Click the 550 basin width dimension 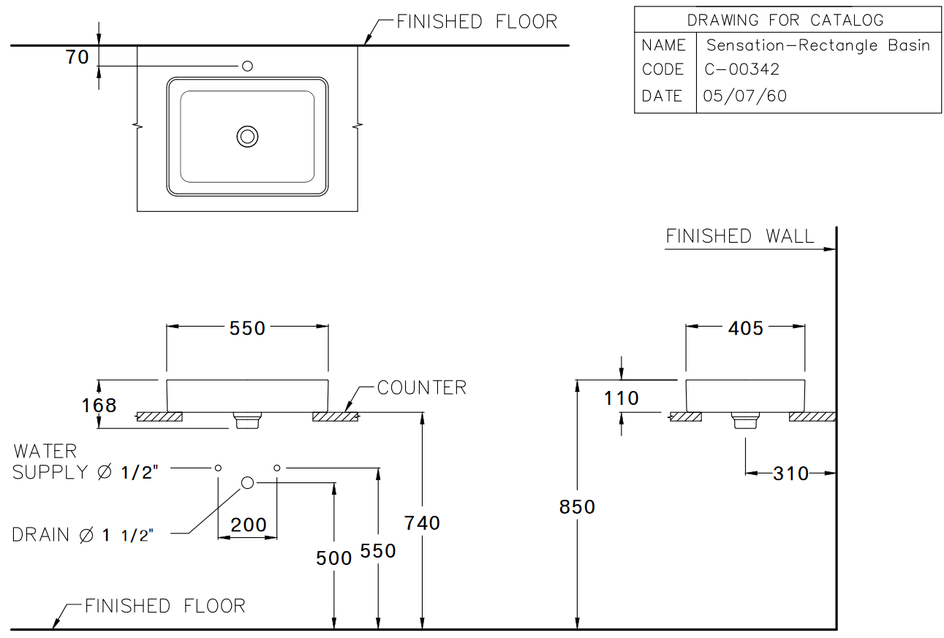[x=247, y=329]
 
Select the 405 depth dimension [x=745, y=329]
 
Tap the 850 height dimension [x=578, y=506]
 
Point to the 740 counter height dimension [x=423, y=523]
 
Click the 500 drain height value [x=334, y=558]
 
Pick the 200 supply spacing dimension [x=249, y=525]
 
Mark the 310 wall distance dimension [x=791, y=474]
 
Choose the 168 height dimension [x=99, y=405]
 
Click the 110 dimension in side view [x=622, y=398]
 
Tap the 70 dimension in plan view [x=78, y=57]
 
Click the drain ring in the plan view [x=248, y=136]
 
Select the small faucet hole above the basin [x=248, y=67]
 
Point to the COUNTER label [x=421, y=387]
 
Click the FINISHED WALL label [x=739, y=237]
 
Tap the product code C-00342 [x=741, y=69]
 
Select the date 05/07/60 [x=744, y=96]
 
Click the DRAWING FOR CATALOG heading [x=785, y=20]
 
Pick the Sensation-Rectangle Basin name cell [x=817, y=45]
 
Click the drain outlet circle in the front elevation [x=247, y=482]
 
